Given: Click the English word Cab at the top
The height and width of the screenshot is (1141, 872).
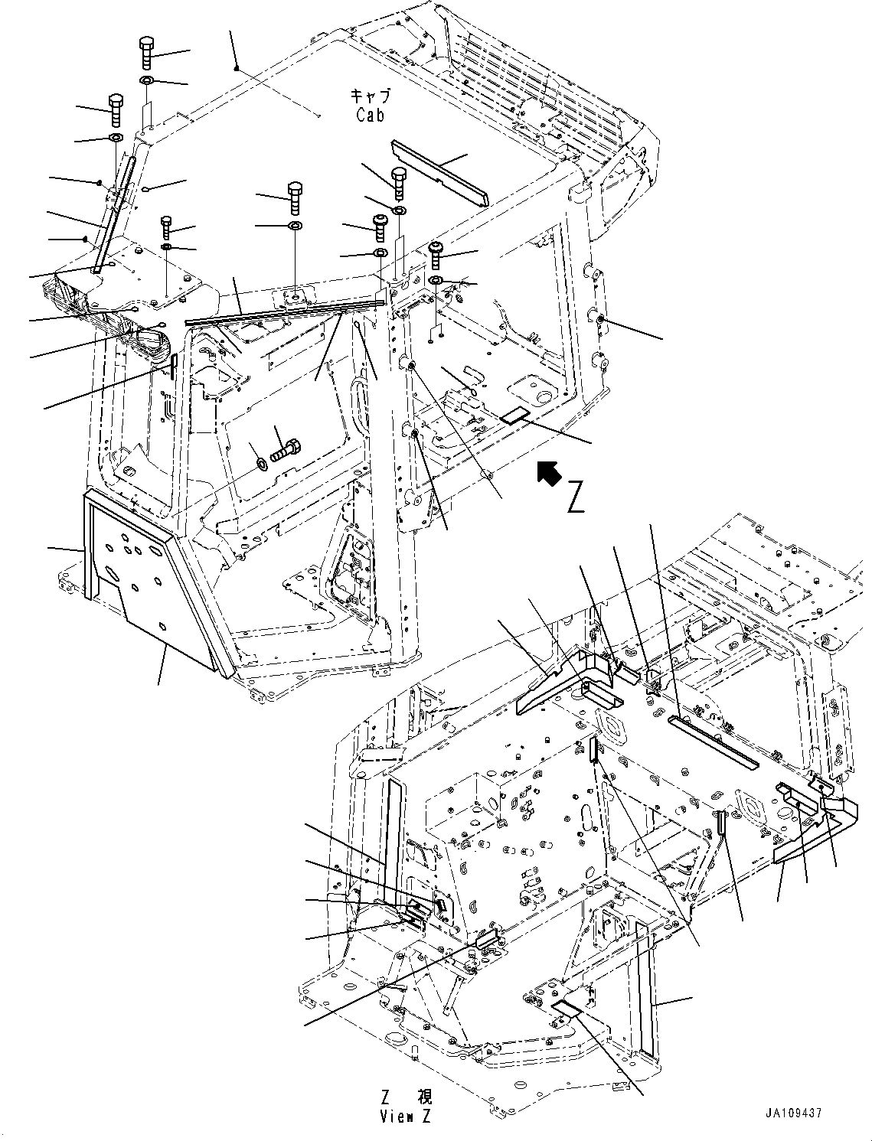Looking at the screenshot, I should click(x=370, y=116).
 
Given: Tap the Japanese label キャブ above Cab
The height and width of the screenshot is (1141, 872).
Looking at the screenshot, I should click(x=370, y=96).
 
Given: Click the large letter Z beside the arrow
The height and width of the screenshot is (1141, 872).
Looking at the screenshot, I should click(x=576, y=498).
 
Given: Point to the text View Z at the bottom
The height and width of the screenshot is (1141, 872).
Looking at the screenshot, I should click(x=405, y=1117).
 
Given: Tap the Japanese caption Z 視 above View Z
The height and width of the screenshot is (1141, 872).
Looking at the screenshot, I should click(x=405, y=1097).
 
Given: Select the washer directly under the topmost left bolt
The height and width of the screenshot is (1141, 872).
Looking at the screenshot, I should click(x=148, y=80).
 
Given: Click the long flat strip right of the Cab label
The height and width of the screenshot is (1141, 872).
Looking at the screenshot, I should click(x=439, y=172).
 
